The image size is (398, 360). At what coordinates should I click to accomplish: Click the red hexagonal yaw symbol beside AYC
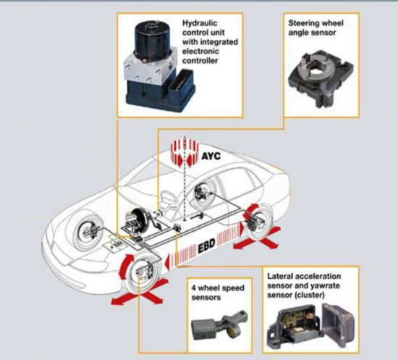[182, 154]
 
